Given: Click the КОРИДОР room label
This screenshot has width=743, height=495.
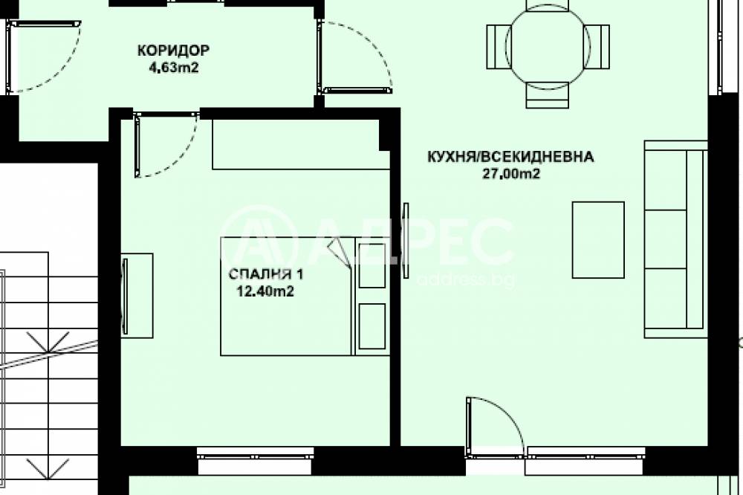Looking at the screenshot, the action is [173, 51].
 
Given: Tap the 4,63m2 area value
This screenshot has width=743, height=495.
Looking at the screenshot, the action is [174, 68].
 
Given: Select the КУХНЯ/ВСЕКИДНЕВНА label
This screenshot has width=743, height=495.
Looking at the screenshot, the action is [510, 157].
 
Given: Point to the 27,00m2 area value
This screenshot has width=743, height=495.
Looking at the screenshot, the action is [511, 174].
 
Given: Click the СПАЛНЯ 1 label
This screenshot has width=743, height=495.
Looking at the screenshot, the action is [266, 274].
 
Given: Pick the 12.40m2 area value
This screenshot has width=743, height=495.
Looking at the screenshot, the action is [265, 291].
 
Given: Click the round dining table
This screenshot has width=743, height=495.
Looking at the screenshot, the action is [548, 47].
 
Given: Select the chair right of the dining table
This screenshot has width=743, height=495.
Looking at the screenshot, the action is [598, 47].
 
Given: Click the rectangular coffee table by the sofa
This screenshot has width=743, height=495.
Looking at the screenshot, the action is [598, 239].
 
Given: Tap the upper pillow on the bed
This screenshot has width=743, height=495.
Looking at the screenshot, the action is [372, 265].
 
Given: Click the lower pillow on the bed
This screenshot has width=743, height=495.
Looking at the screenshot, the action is [372, 326].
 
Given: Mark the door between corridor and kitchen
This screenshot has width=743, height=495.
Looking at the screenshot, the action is [356, 57].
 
